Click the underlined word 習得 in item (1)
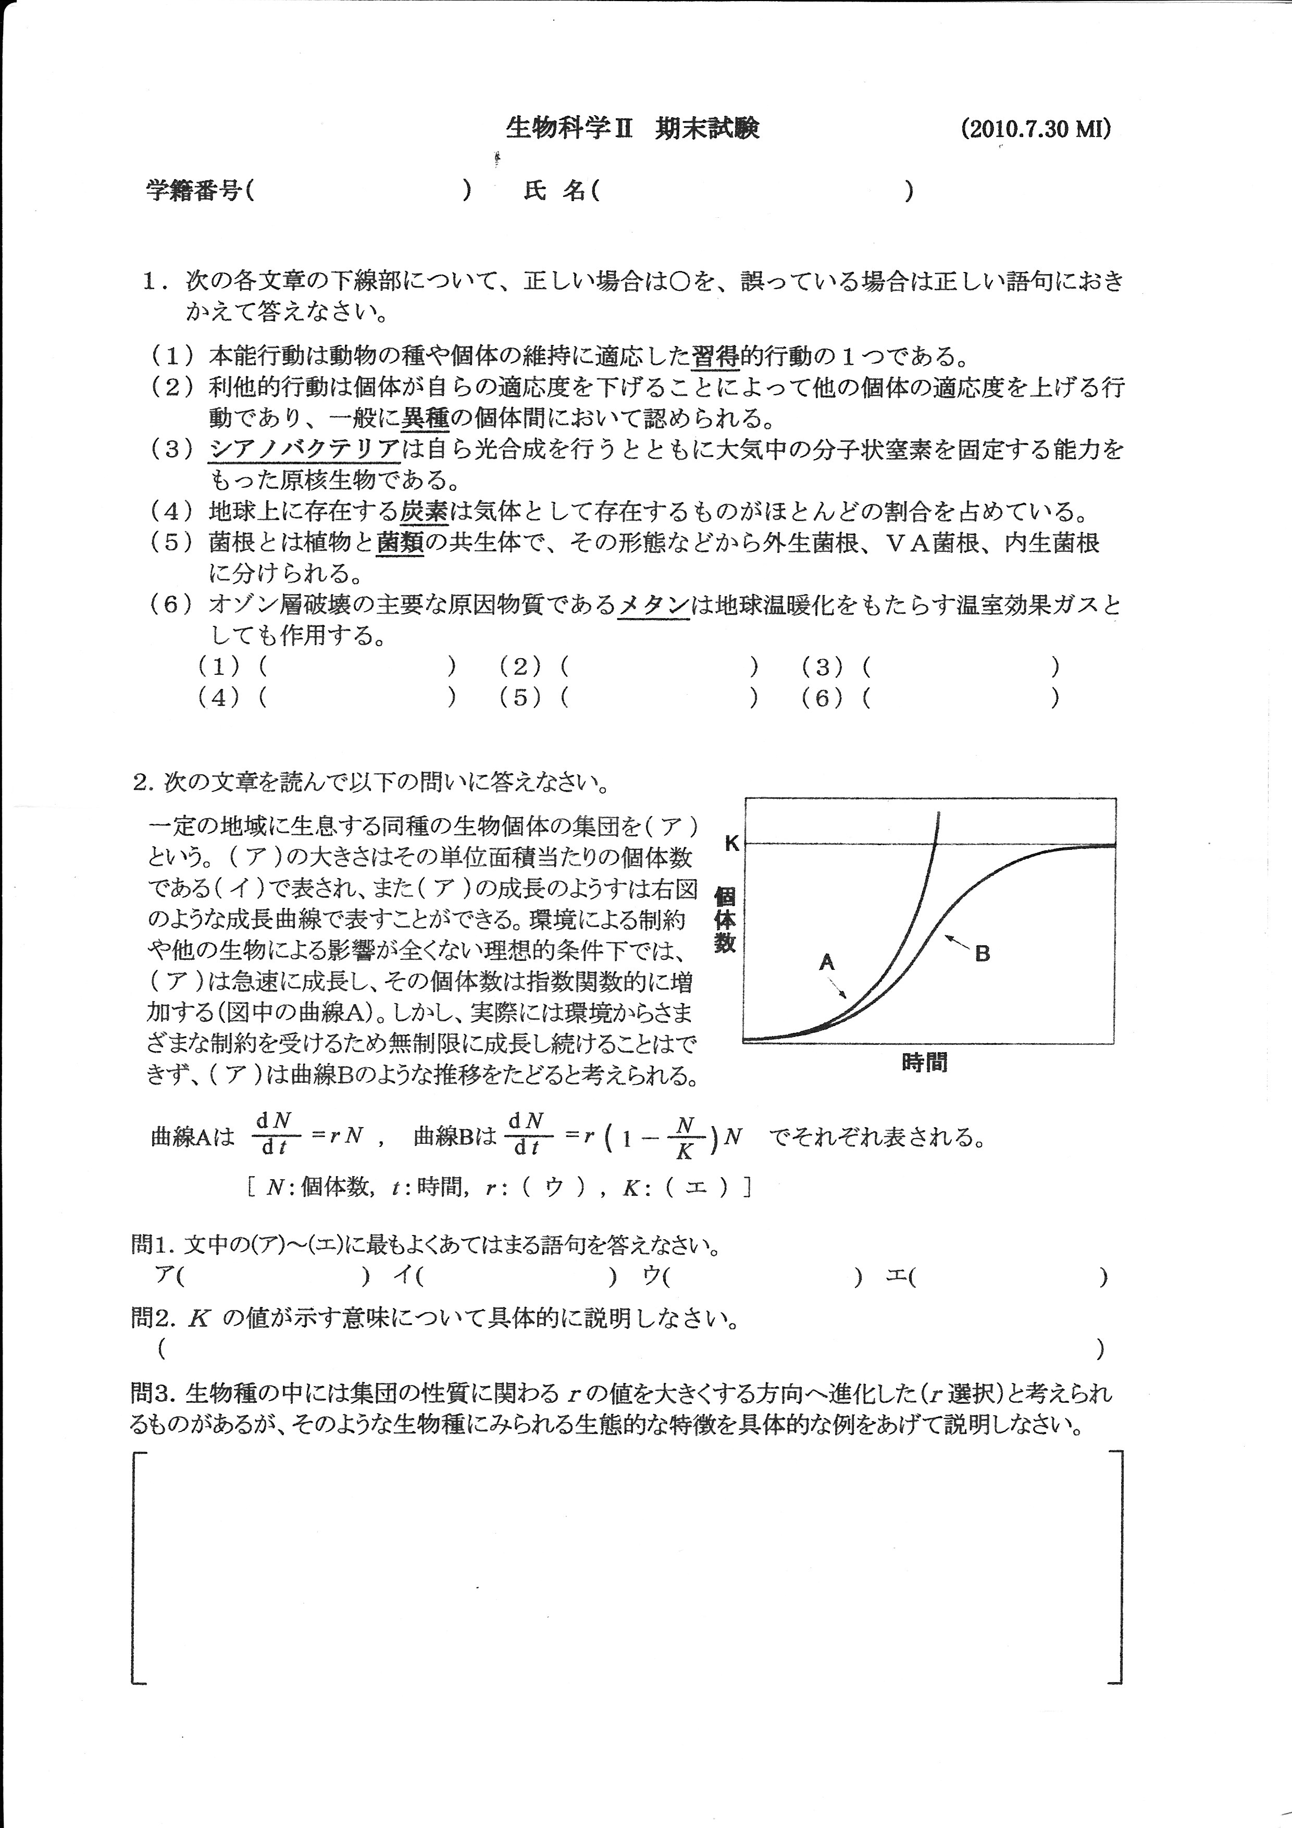pyautogui.click(x=716, y=356)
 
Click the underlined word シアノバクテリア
pyautogui.click(x=304, y=450)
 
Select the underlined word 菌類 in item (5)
pyautogui.click(x=400, y=543)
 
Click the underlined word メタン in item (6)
pyautogui.click(x=654, y=605)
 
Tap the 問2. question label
pyautogui.click(x=153, y=1318)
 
